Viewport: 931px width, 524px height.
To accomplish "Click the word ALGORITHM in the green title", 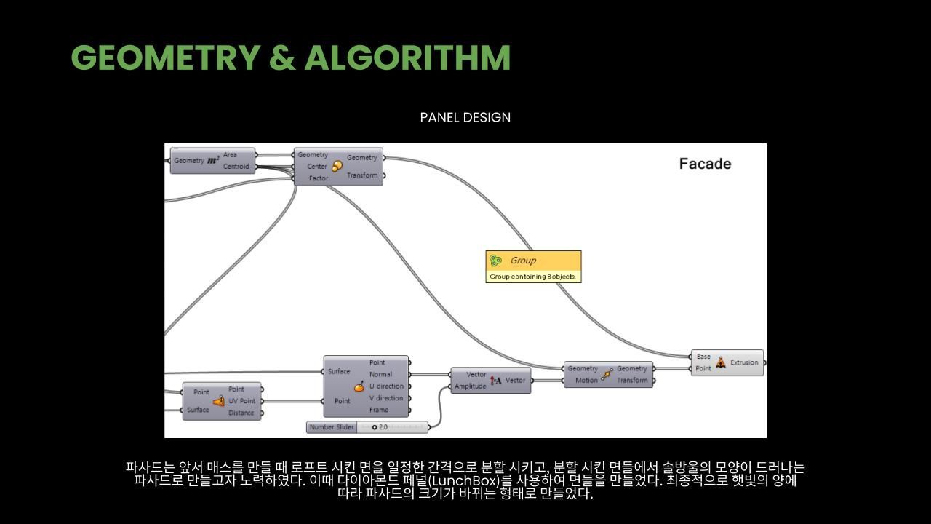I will tap(407, 58).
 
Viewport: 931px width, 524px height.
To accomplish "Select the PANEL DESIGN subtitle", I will tap(465, 117).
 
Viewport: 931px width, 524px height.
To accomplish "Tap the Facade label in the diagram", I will tap(705, 164).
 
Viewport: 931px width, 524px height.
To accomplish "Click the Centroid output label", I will tap(236, 167).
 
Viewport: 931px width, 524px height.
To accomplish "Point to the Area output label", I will tap(230, 155).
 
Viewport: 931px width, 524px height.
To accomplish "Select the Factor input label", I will tap(318, 178).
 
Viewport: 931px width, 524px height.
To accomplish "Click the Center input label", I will tap(316, 167).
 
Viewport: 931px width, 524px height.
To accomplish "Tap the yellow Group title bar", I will tap(533, 261).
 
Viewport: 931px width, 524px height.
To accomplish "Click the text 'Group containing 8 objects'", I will tap(533, 277).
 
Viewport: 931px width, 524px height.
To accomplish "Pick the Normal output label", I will tap(380, 375).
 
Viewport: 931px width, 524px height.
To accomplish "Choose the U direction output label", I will tap(385, 386).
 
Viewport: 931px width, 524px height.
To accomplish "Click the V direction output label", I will tap(385, 398).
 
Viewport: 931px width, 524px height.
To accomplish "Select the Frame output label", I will tap(378, 410).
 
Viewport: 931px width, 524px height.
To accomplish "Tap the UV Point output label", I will tap(241, 401).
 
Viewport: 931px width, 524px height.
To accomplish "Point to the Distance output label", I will tap(241, 413).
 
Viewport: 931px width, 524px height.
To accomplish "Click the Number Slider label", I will tap(331, 427).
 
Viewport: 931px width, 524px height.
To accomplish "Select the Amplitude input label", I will tap(470, 386).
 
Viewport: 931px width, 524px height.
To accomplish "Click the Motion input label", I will tap(586, 380).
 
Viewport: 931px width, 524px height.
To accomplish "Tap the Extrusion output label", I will tap(743, 362).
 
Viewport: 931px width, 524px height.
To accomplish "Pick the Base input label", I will tap(703, 357).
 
